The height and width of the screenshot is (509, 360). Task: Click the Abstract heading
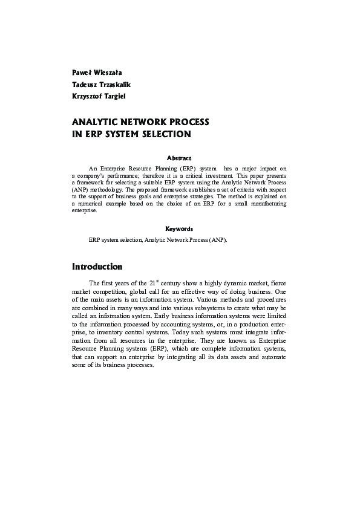[x=179, y=158]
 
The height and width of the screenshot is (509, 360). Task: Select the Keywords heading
[x=179, y=229]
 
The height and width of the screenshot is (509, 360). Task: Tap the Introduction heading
[x=97, y=267]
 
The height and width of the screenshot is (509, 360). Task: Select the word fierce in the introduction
[x=277, y=282]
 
